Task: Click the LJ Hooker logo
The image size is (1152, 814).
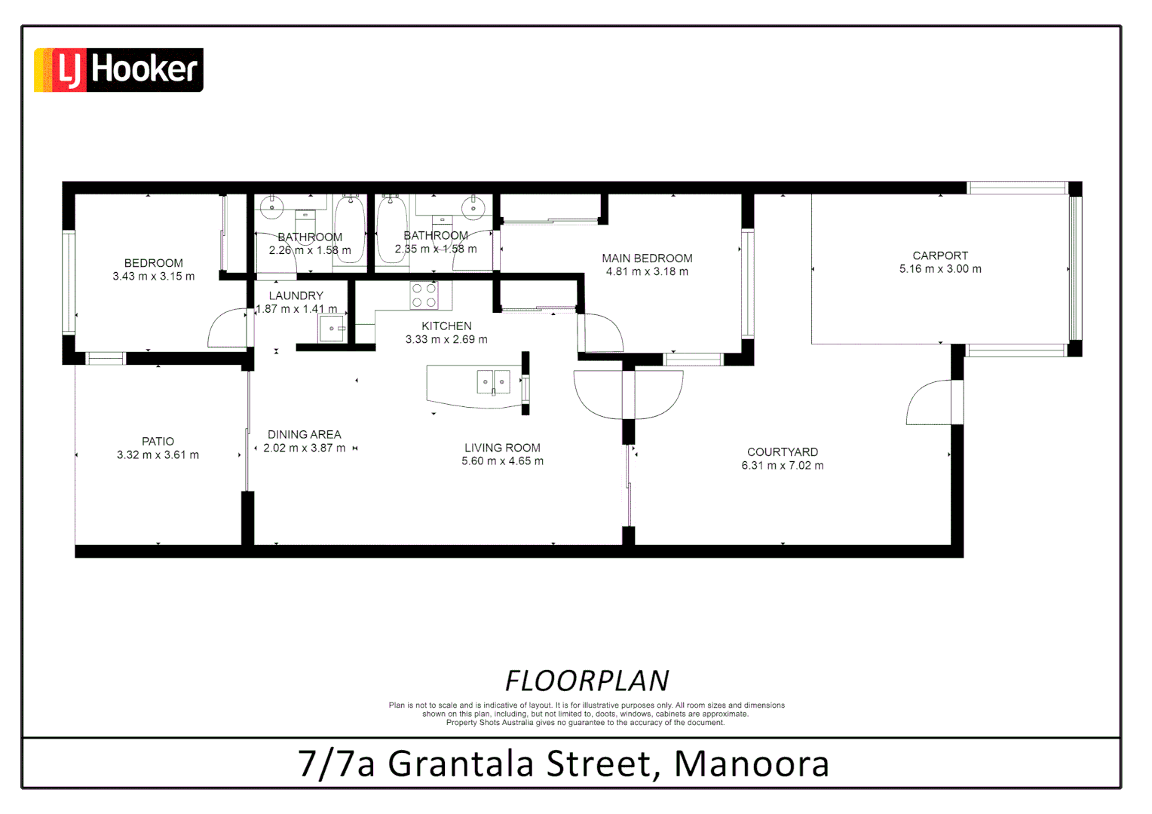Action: pos(118,70)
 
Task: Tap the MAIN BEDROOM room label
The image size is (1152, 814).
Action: pos(647,259)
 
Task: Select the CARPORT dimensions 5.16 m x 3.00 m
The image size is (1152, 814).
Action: pos(940,269)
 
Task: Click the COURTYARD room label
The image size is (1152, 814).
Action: pos(782,452)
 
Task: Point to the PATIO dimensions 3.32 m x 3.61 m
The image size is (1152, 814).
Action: pos(158,455)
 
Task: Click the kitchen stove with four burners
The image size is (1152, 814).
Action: pos(424,295)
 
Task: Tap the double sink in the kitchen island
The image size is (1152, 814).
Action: pos(493,382)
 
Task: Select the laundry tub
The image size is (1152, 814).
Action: pos(332,329)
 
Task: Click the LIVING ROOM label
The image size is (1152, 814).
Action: pos(502,448)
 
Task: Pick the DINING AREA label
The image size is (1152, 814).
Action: pos(304,435)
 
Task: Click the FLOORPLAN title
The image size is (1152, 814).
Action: pos(587,681)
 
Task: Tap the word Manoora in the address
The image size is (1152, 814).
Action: pos(751,764)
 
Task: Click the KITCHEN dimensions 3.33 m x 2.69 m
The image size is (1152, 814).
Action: pos(446,340)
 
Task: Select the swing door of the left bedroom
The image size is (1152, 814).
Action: pos(227,329)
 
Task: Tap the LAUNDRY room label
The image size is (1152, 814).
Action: pos(296,296)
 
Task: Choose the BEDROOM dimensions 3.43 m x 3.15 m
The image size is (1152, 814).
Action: pos(154,277)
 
